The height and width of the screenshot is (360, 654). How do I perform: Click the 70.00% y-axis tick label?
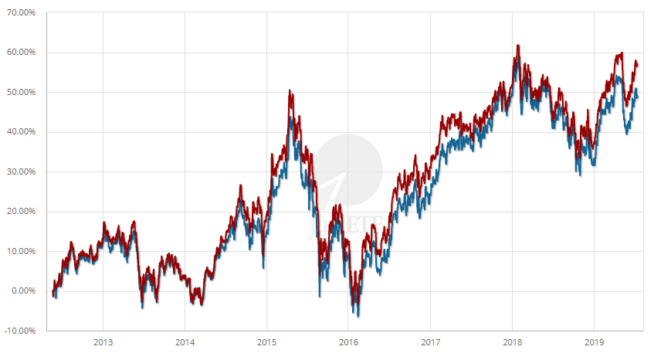22,12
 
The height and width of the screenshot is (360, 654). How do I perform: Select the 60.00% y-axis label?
22,53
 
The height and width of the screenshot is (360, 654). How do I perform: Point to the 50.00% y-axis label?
22,92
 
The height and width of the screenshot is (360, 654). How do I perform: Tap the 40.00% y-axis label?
22,132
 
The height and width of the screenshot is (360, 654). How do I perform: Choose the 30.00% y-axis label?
22,172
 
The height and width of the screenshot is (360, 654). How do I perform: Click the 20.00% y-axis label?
22,212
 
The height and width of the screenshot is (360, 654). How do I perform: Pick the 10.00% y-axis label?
22,251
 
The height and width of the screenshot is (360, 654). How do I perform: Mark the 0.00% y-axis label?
24,291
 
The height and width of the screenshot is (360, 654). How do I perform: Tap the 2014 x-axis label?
185,342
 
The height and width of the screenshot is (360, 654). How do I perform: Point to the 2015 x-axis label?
266,342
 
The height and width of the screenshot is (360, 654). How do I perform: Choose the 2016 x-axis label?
348,342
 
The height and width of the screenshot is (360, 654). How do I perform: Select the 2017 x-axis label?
430,342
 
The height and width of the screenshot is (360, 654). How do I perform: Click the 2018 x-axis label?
512,342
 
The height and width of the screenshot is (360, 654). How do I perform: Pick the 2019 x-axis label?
594,342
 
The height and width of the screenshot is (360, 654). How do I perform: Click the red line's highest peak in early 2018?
517,46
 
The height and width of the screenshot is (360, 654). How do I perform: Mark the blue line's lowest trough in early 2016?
357,315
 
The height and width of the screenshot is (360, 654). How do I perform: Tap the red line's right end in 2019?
637,64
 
